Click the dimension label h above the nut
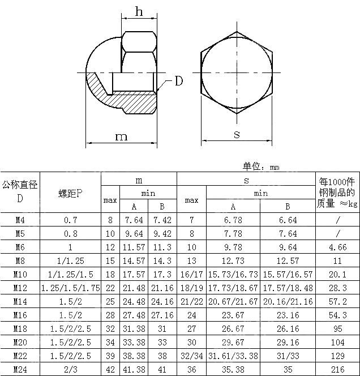139,11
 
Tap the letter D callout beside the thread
178,81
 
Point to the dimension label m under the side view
121,136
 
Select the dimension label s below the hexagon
237,134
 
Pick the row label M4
20,220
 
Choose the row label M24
20,369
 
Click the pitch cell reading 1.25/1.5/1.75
71,288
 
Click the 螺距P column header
71,193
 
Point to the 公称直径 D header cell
20,191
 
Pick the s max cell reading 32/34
191,356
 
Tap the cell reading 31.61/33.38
233,356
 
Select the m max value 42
110,369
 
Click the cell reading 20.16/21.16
288,301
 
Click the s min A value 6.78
233,220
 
